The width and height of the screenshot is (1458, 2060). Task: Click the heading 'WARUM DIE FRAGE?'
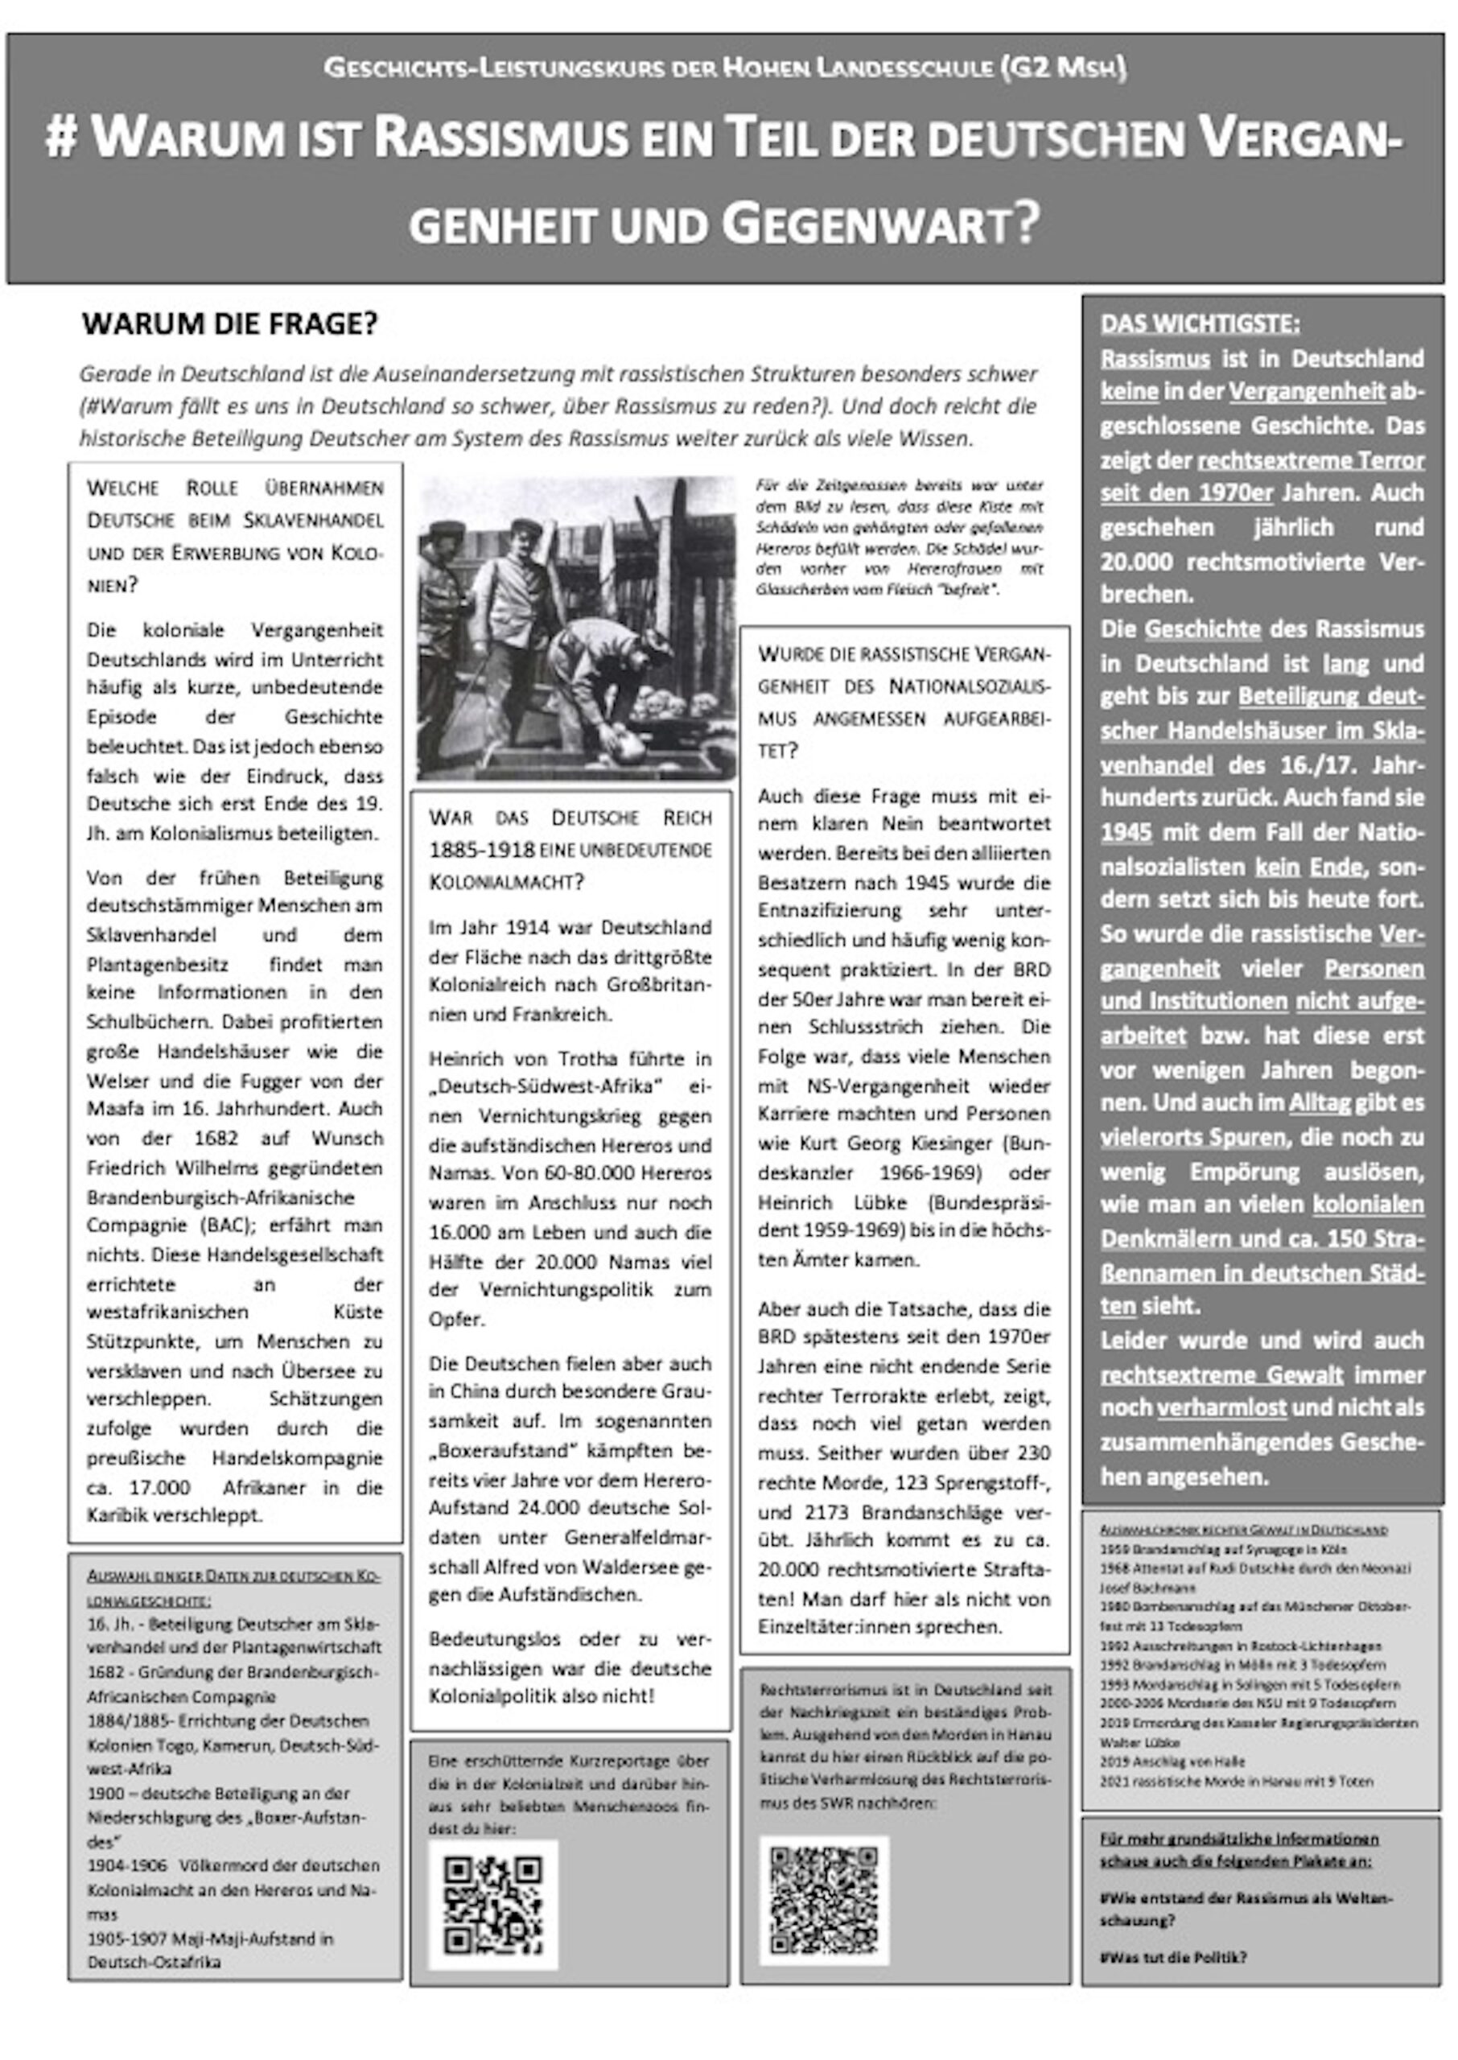pos(230,323)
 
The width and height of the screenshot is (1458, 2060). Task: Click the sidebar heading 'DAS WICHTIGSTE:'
pos(1200,323)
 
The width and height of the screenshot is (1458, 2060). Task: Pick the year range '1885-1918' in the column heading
pos(481,849)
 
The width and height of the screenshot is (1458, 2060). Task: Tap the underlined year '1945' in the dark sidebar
pos(1126,832)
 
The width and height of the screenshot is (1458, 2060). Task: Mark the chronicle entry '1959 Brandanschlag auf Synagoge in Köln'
pos(1223,1548)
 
